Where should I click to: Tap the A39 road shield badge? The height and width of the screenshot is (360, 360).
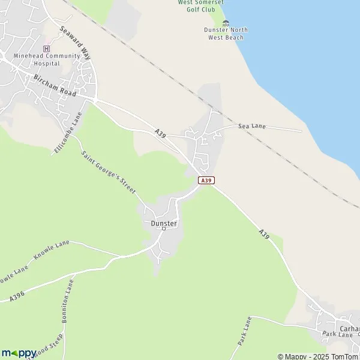206,180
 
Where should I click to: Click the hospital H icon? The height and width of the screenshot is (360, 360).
47,49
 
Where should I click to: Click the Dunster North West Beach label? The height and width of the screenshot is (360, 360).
226,34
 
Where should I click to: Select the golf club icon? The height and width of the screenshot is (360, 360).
226,23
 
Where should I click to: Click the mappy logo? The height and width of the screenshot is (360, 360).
19,353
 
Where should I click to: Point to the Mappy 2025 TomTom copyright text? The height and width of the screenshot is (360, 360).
317,356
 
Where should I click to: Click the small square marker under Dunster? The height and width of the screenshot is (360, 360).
163,229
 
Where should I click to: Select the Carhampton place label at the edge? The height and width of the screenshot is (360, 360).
349,329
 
